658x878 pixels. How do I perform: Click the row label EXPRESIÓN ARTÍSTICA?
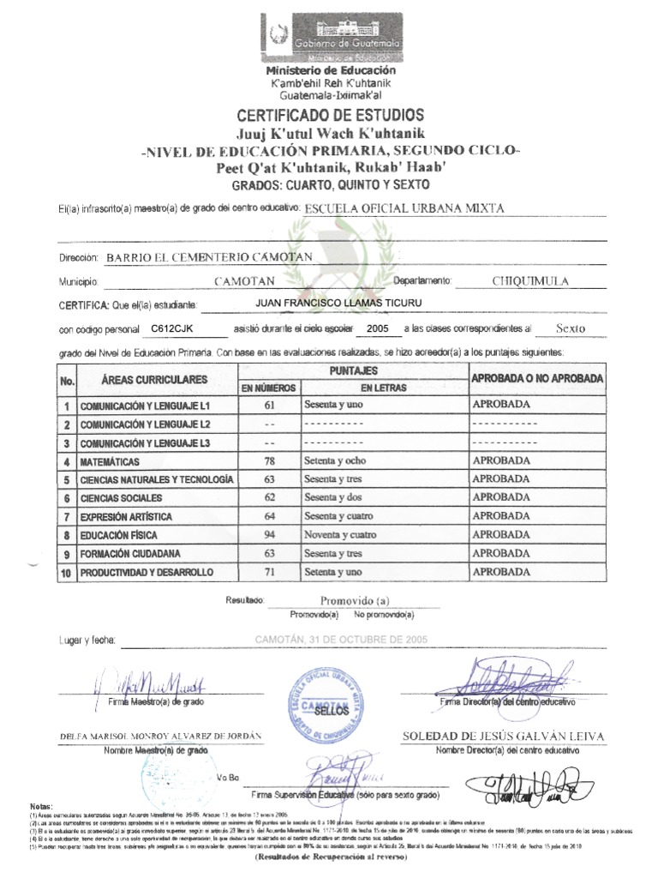(126, 517)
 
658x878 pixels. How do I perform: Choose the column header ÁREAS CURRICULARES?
(154, 379)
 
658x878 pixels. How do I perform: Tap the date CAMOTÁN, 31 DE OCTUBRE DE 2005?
(329, 639)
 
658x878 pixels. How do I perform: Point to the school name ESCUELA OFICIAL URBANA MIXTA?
(405, 208)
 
